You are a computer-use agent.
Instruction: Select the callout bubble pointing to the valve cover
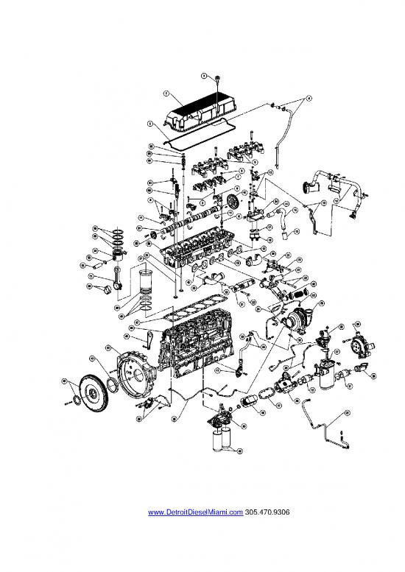pyautogui.click(x=166, y=94)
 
